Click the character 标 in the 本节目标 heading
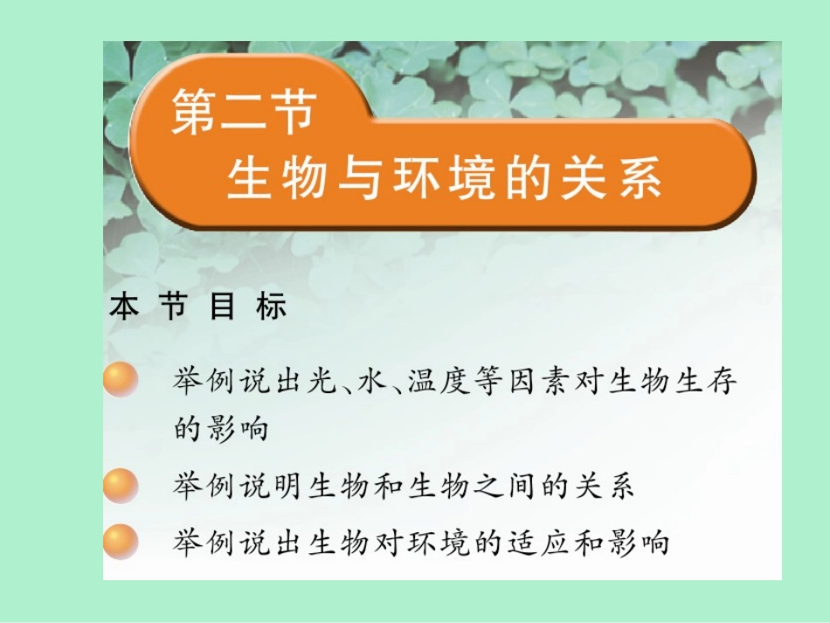coord(271,308)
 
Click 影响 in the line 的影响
coord(236,431)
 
